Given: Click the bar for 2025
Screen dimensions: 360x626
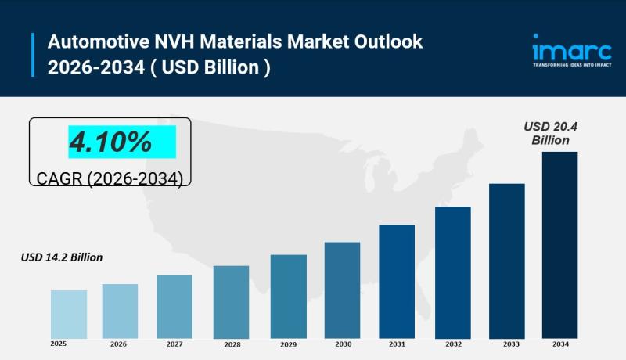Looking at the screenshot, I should click(x=69, y=314).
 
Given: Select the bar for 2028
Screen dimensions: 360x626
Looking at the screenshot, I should click(x=231, y=301).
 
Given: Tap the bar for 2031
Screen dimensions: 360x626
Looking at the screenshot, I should click(x=397, y=281).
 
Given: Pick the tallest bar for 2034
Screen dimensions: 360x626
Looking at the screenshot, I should click(x=559, y=244).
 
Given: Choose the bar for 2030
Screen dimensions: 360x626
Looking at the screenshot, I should click(x=342, y=290).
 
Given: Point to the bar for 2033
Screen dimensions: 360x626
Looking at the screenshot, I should click(x=506, y=261).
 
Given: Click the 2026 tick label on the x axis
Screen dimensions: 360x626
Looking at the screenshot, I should click(x=119, y=344).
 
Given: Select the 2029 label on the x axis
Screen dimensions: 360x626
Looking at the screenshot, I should click(x=289, y=344).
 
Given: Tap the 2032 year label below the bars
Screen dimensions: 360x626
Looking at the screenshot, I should click(x=453, y=344).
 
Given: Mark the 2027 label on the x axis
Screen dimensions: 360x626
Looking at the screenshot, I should click(x=174, y=344).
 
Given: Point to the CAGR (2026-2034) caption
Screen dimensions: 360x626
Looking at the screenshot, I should click(x=110, y=178).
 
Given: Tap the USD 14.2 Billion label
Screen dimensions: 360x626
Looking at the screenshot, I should click(x=62, y=257).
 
